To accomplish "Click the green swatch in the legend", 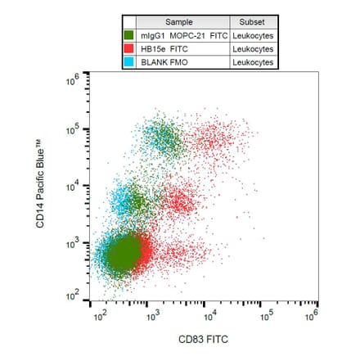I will click(129, 35).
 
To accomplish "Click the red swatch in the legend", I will click(129, 49).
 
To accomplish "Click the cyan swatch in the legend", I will click(129, 62).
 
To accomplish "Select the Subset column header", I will click(252, 21).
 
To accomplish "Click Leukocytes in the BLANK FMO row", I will click(252, 62).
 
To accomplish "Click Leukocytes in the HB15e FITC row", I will click(252, 49).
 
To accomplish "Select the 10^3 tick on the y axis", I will click(73, 244).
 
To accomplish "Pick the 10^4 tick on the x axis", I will click(209, 314).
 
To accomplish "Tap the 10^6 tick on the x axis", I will click(315, 314).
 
